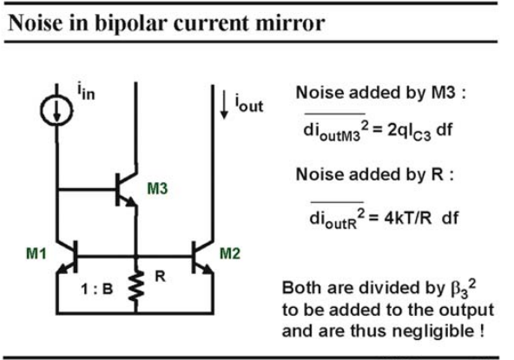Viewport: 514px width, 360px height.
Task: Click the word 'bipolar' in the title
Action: click(x=131, y=23)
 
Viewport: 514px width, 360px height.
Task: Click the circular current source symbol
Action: click(x=56, y=110)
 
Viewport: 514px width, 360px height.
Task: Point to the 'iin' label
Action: click(x=86, y=92)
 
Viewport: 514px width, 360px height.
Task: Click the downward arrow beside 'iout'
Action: click(x=224, y=104)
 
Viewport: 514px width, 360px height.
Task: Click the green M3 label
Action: click(x=157, y=189)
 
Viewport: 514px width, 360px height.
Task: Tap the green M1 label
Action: click(x=36, y=253)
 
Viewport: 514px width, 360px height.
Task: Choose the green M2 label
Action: click(x=230, y=253)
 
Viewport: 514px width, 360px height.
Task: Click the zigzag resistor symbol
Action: click(x=135, y=285)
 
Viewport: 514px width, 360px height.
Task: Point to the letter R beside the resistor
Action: click(x=160, y=277)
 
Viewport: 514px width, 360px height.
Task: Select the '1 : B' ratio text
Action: click(x=96, y=289)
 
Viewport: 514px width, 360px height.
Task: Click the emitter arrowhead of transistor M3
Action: click(x=132, y=202)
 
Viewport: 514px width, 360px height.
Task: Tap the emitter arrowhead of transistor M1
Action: click(x=63, y=269)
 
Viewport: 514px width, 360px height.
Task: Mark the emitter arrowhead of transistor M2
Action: click(x=208, y=269)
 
